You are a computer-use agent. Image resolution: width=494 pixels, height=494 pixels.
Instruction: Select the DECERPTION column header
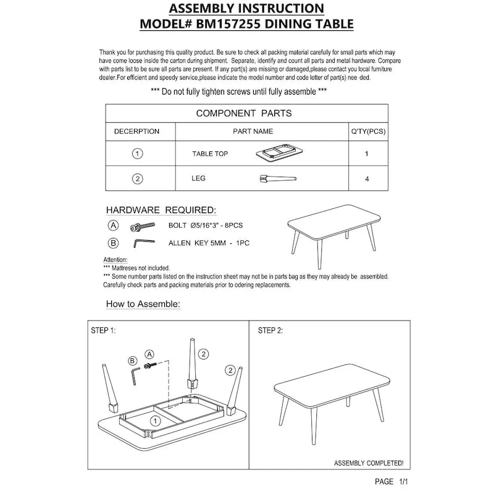[x=136, y=132]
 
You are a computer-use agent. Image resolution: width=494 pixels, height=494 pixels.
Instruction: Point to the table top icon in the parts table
[x=277, y=154]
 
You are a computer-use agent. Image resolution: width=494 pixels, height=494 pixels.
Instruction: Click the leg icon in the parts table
[x=277, y=179]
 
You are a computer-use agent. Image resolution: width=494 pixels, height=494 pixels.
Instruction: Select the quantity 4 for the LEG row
[x=367, y=179]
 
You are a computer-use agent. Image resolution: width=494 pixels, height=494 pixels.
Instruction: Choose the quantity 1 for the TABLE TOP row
[x=367, y=154]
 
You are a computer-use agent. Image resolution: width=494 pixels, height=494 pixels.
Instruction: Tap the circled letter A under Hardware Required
[x=112, y=225]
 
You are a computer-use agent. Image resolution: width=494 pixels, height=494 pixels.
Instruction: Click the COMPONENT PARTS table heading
[x=244, y=114]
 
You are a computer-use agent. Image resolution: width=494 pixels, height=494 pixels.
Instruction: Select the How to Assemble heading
[x=143, y=304]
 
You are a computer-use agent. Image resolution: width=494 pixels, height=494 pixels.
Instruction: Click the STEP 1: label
[x=103, y=331]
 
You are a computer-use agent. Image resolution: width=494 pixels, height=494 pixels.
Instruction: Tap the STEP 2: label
[x=270, y=331]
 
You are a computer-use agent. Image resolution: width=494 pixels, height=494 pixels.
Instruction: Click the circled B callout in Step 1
[x=132, y=361]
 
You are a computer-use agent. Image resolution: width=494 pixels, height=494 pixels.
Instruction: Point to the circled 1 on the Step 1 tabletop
[x=156, y=421]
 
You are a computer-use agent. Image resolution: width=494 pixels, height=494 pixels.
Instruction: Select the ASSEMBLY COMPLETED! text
[x=369, y=463]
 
